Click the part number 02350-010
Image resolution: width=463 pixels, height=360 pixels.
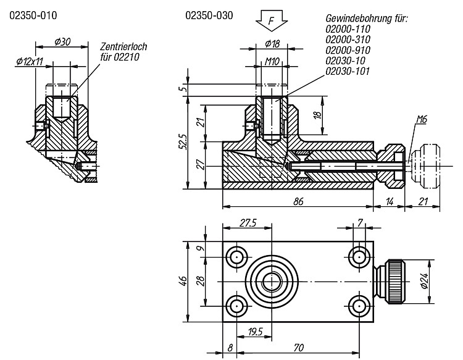33,15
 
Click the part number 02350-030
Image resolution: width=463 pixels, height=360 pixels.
209,15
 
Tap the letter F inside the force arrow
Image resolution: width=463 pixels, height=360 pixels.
272,20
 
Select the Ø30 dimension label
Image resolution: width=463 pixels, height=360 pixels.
62,41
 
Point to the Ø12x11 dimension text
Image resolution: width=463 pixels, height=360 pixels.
30,61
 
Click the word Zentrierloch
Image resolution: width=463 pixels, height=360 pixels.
123,47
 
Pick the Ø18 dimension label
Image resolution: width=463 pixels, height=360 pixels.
272,44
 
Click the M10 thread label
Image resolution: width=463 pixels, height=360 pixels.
272,61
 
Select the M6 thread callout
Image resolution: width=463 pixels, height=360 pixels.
422,120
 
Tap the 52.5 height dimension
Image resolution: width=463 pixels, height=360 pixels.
183,142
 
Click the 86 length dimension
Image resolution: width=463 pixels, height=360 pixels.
298,201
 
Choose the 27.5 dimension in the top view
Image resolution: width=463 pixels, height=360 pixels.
248,223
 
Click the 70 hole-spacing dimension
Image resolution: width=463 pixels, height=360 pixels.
299,348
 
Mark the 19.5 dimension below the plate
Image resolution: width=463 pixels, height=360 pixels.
256,332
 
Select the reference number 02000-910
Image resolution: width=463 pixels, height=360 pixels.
348,50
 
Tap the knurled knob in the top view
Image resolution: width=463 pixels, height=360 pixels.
395,281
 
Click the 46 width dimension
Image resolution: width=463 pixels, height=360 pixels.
183,281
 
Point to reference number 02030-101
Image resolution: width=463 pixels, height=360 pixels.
348,71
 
